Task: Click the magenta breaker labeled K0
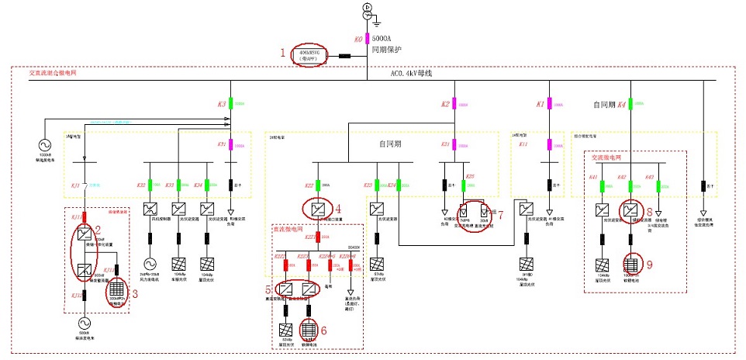coord(368,38)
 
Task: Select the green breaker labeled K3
coord(230,103)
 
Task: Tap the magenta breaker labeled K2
coord(456,103)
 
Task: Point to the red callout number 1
coord(283,53)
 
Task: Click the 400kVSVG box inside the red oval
coord(309,56)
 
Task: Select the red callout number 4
coord(338,208)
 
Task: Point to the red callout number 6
coord(323,329)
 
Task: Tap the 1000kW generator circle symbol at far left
coord(43,145)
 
